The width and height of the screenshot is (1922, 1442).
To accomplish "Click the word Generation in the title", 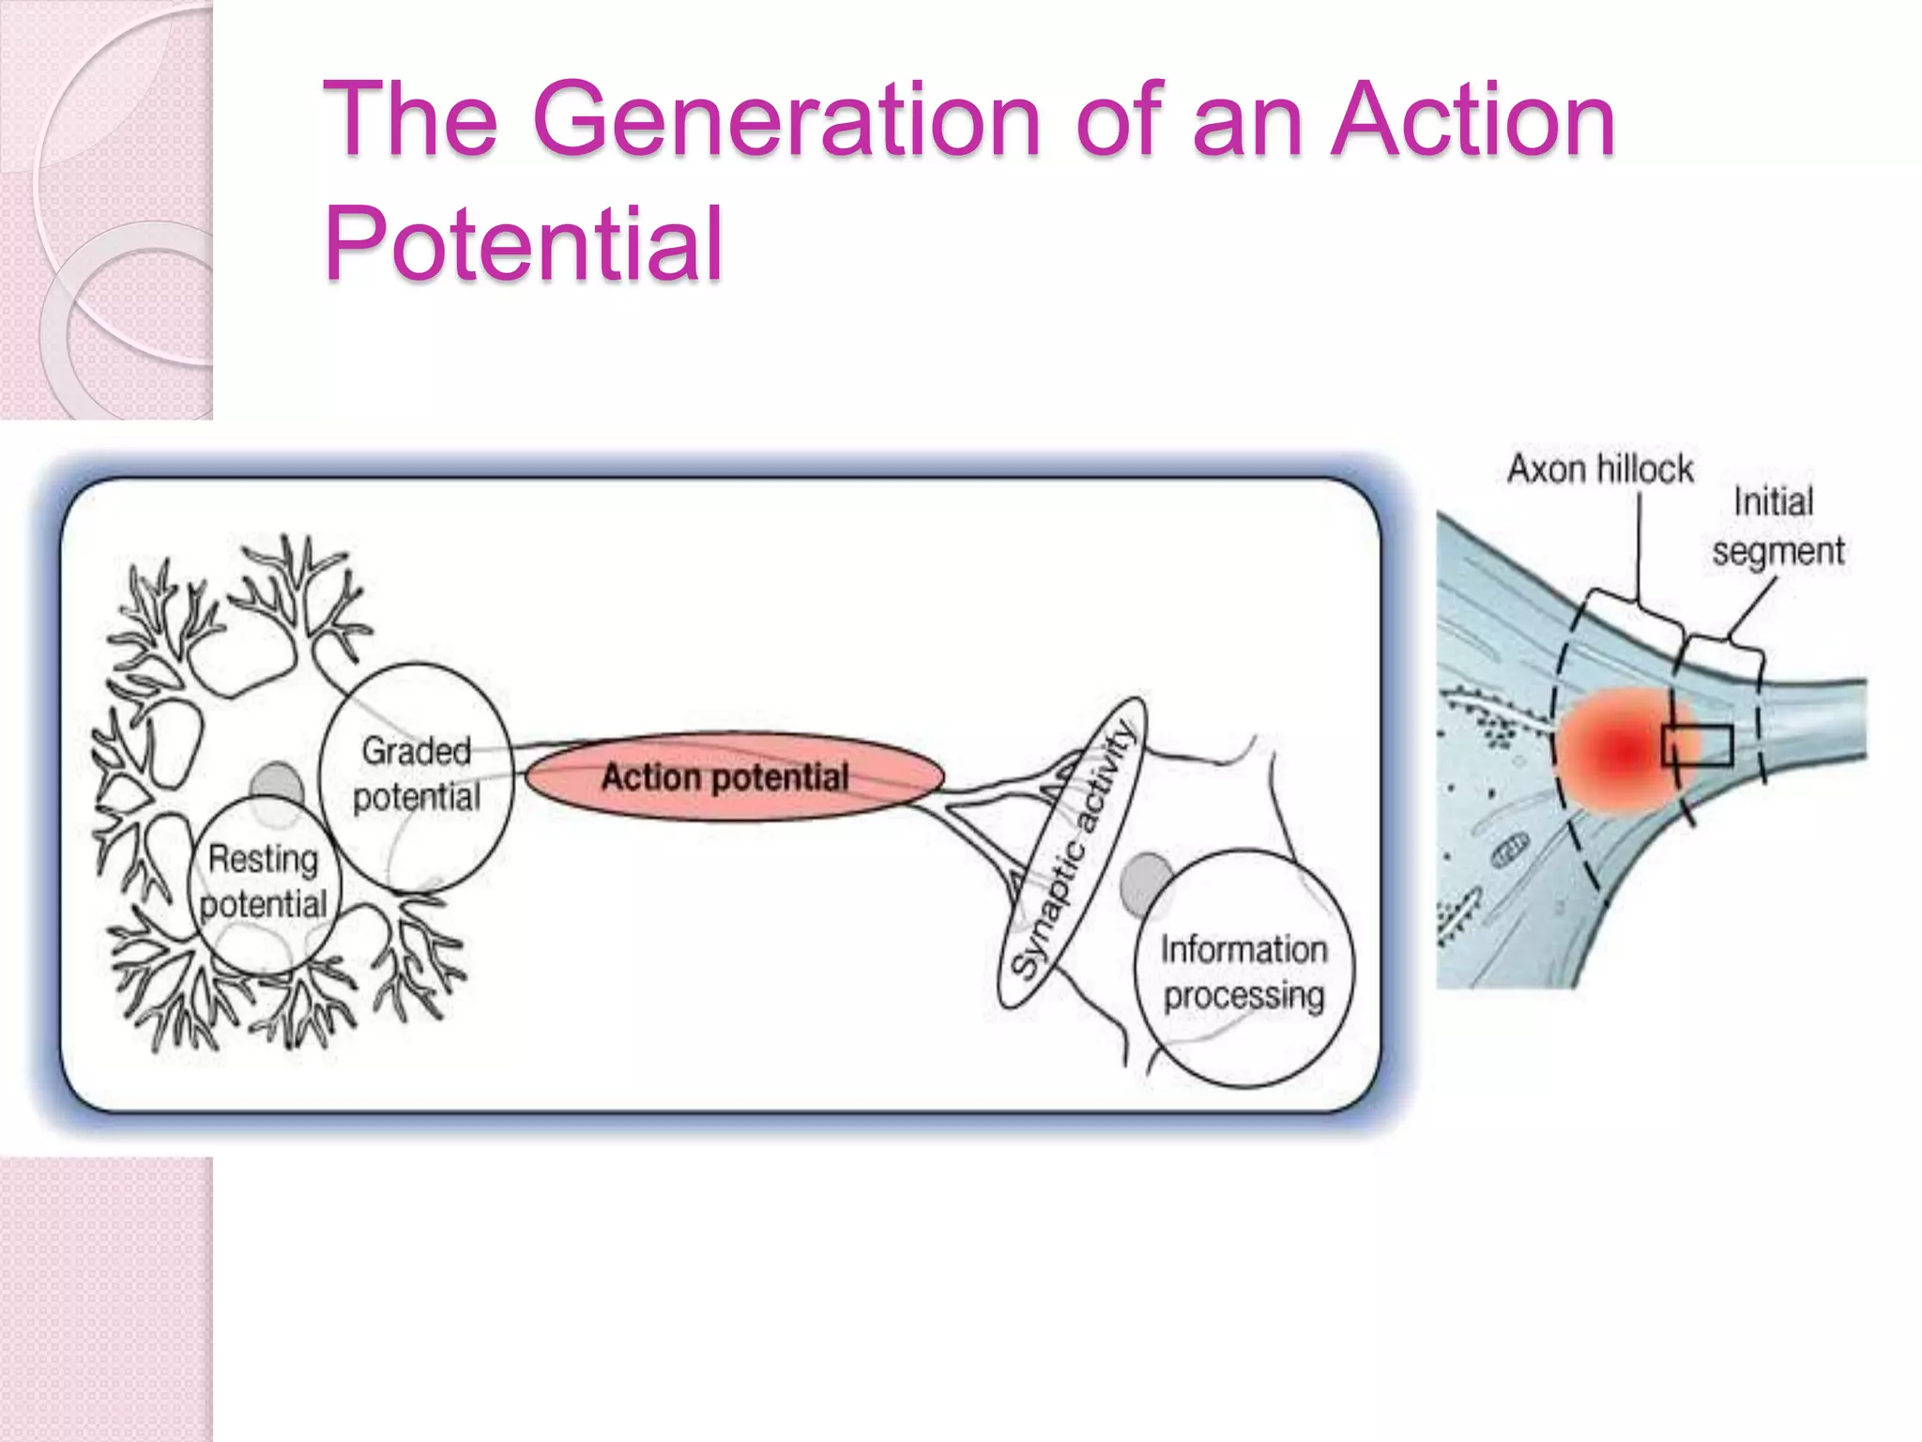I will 786,120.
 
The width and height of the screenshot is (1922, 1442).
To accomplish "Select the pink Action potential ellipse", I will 734,777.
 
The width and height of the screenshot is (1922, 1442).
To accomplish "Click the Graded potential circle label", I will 416,774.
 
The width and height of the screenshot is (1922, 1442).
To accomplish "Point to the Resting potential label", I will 264,881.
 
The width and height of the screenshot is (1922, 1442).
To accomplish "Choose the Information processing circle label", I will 1243,971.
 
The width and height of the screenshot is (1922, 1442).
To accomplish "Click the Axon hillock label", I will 1600,468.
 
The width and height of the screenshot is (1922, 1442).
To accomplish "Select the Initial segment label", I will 1777,526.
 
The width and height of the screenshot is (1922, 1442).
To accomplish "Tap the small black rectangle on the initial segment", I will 1697,745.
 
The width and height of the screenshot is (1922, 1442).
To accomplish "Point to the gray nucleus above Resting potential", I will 276,784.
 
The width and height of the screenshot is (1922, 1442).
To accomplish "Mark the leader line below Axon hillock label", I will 1639,545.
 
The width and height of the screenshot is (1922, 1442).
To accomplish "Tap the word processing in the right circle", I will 1243,995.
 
